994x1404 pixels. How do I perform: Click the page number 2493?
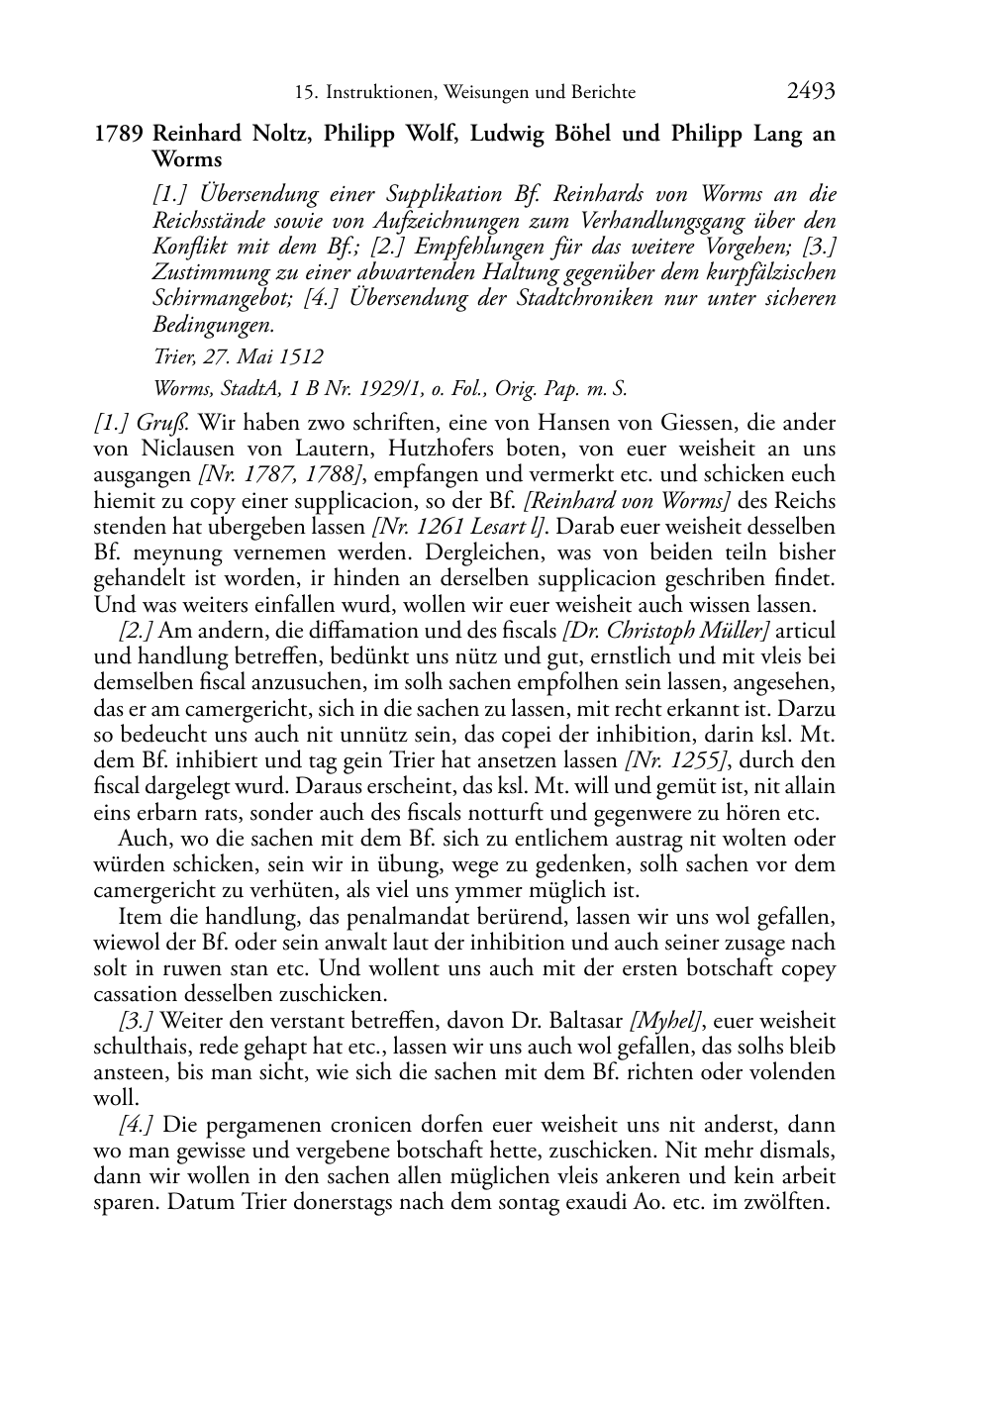811,92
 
